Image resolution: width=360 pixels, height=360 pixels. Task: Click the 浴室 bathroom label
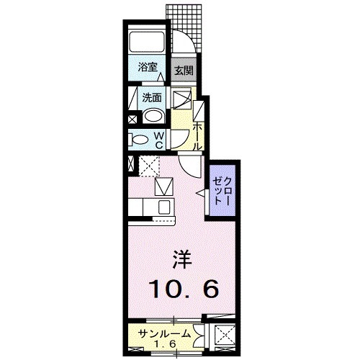click(x=148, y=68)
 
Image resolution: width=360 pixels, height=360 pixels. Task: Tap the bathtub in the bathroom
click(x=147, y=42)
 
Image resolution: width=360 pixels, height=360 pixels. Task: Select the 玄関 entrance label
click(x=184, y=71)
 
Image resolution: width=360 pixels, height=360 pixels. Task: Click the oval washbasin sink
click(x=153, y=117)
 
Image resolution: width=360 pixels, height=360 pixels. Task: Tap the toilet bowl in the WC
click(x=141, y=139)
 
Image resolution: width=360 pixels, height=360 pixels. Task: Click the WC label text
click(x=160, y=140)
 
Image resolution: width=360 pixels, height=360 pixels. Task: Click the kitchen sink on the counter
click(x=164, y=207)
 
